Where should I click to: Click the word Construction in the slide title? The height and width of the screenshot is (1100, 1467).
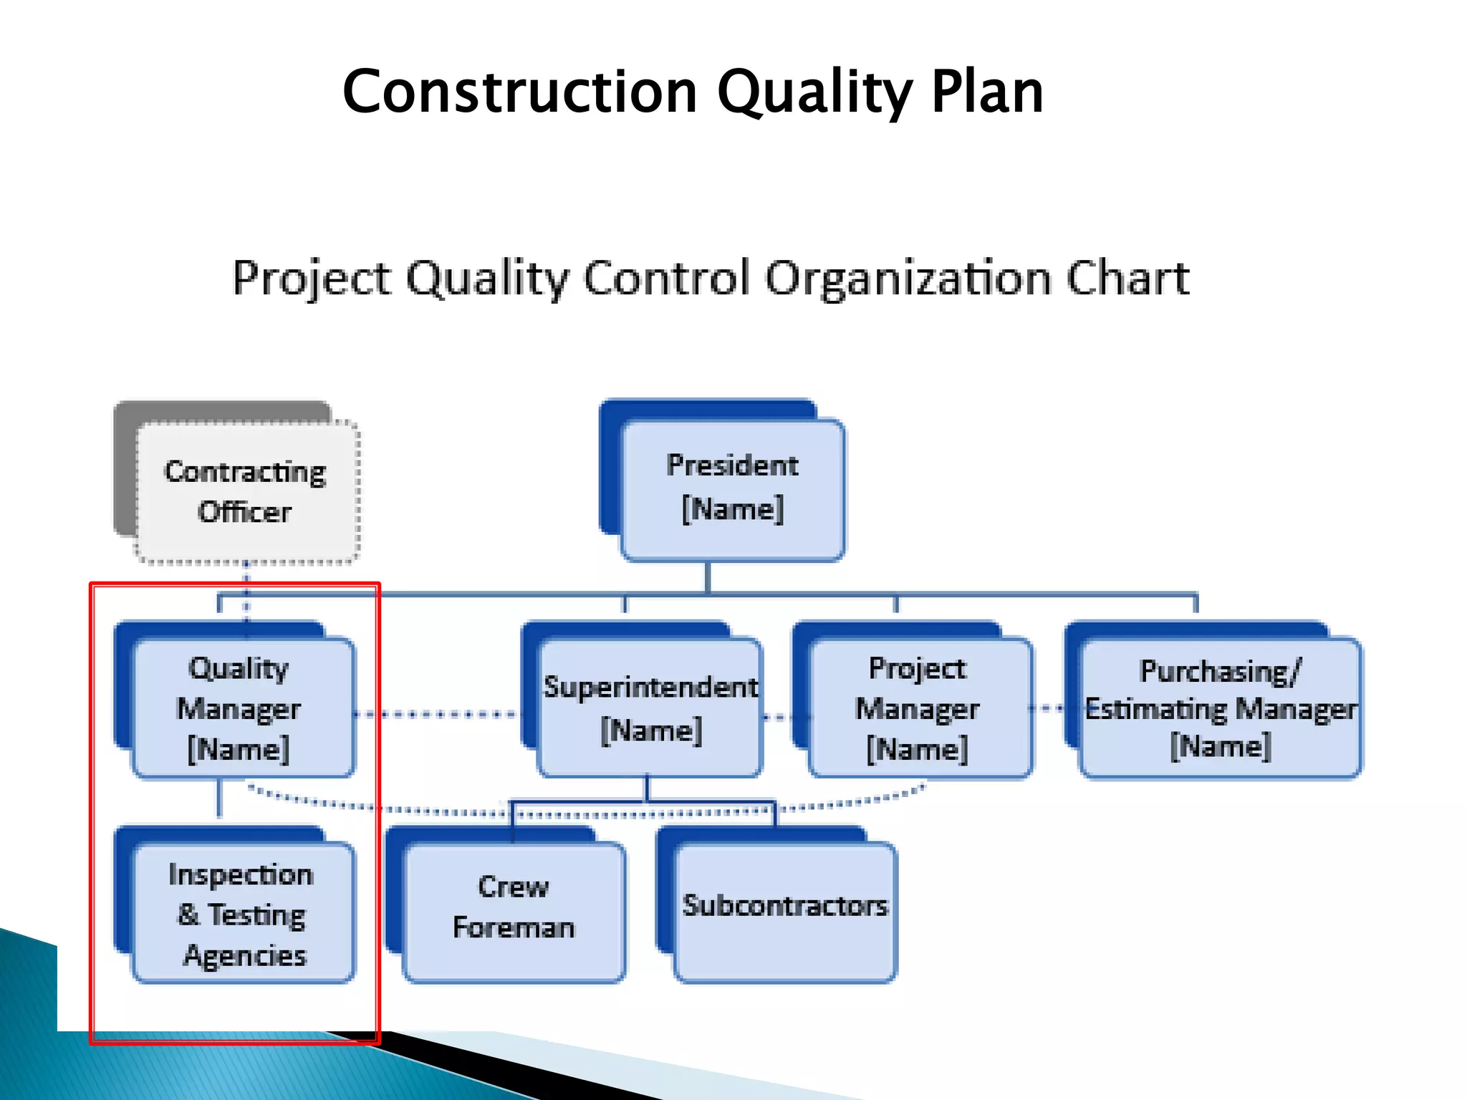[x=519, y=92]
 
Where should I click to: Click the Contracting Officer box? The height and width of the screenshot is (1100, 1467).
[x=246, y=491]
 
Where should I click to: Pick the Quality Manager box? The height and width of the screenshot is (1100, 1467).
[x=242, y=708]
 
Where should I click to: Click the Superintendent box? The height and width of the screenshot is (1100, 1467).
[x=649, y=708]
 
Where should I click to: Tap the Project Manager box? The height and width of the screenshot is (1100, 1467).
[x=919, y=708]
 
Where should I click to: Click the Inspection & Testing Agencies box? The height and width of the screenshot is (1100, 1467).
[x=242, y=914]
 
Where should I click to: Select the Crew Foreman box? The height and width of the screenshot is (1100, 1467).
[x=514, y=908]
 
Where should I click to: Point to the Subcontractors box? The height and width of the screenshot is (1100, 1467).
[x=784, y=908]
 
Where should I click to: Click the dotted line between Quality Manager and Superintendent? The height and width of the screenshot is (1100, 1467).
[x=437, y=714]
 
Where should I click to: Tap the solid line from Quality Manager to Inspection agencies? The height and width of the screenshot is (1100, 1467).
[x=219, y=799]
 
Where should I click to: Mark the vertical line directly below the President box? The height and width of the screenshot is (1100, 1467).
[x=708, y=577]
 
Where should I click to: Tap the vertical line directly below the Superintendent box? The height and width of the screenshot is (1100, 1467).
[x=647, y=788]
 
